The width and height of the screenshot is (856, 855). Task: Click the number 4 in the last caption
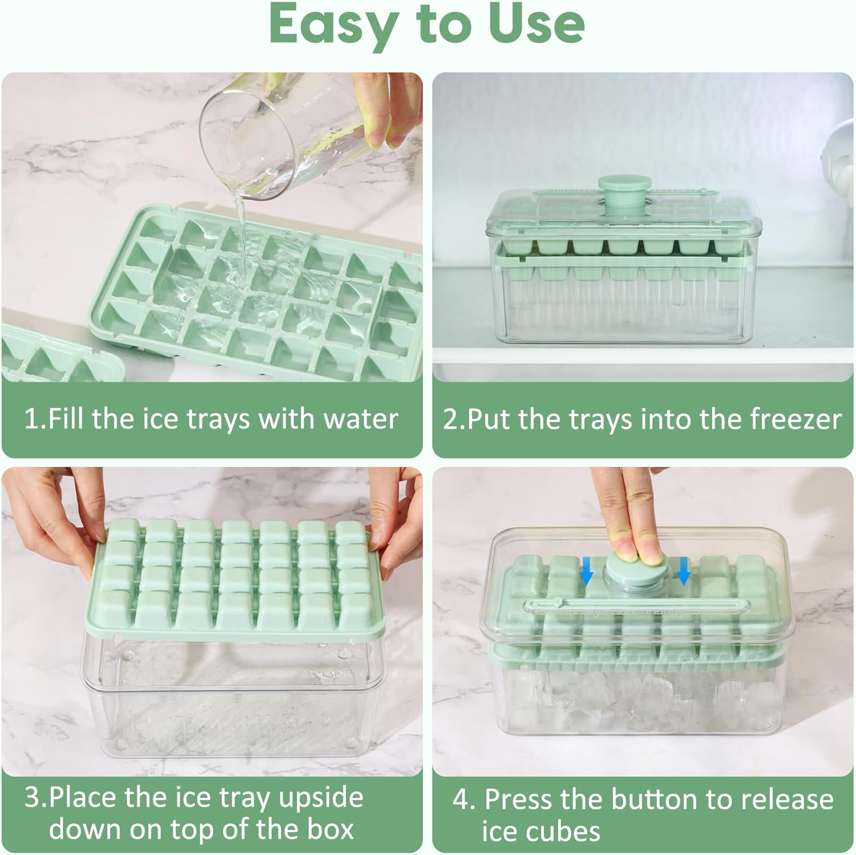pyautogui.click(x=461, y=800)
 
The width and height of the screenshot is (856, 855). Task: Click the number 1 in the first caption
pyautogui.click(x=31, y=420)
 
